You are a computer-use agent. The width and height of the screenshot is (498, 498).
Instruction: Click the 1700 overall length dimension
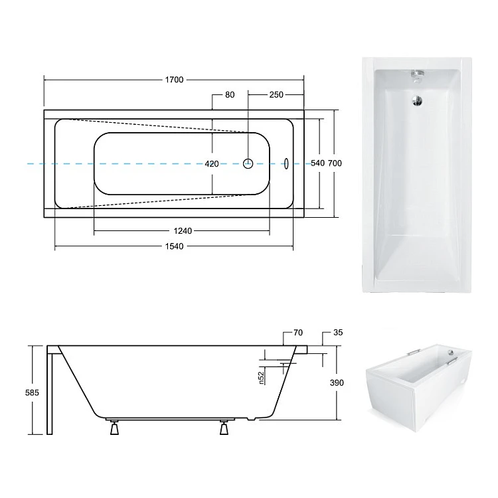coord(174,80)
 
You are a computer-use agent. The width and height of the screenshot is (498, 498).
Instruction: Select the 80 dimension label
coord(230,95)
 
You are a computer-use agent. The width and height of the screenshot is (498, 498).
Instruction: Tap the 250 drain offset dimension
coord(276,95)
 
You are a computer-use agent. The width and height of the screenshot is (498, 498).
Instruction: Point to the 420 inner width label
coord(212,164)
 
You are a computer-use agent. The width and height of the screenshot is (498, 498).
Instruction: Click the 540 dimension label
coord(317,163)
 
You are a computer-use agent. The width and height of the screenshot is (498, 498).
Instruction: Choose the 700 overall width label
coord(335,163)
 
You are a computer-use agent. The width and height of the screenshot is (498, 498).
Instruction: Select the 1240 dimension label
coord(183,231)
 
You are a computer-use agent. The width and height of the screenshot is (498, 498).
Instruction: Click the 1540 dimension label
coord(174,246)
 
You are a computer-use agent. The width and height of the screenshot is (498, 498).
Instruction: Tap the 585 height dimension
coord(32,393)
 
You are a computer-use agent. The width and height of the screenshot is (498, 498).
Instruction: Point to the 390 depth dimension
coord(337,383)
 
